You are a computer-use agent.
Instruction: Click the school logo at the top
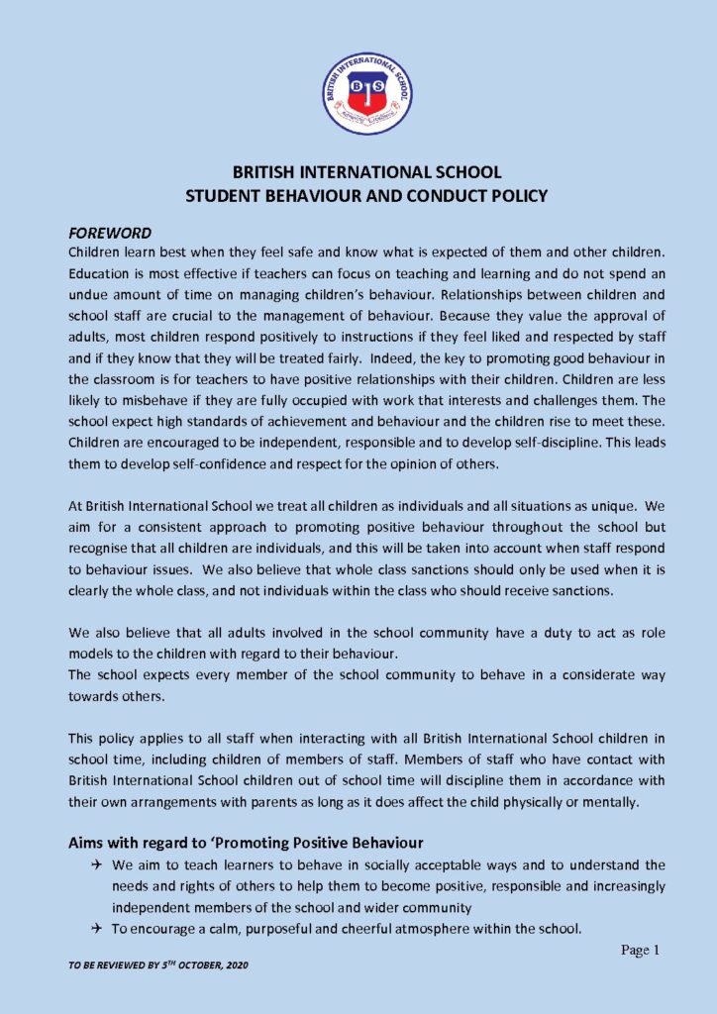pyautogui.click(x=366, y=95)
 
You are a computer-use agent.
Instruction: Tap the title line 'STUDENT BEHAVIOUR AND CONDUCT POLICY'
pyautogui.click(x=366, y=196)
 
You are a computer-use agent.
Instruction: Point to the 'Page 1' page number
pyautogui.click(x=640, y=951)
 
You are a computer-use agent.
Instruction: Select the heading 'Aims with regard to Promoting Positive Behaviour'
pyautogui.click(x=246, y=843)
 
